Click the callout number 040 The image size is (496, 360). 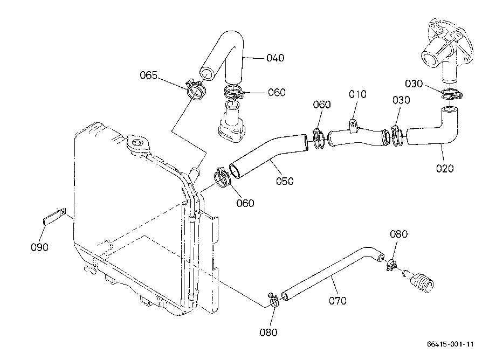[275, 58]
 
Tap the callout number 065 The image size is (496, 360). [149, 75]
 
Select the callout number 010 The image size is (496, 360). [358, 94]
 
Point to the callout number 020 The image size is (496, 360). [445, 169]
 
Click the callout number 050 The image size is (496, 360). [285, 181]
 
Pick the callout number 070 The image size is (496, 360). [338, 301]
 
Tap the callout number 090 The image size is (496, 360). [39, 247]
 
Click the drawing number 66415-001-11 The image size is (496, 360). [451, 344]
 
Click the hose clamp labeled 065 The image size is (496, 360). [196, 89]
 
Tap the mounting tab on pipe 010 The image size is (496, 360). [353, 124]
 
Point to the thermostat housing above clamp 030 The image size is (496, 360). [445, 51]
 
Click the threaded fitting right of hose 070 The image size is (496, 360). [419, 280]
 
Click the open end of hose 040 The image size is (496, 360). [207, 74]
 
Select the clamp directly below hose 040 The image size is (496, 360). [233, 92]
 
